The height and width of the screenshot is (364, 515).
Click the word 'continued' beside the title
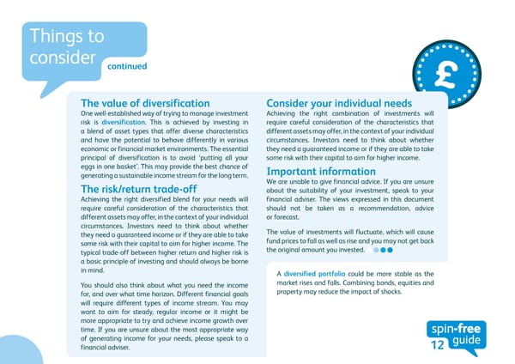tap(127, 66)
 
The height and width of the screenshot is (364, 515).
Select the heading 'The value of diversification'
tap(145, 103)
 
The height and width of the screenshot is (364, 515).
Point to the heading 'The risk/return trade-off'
tap(138, 189)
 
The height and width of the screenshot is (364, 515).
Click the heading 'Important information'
tap(321, 171)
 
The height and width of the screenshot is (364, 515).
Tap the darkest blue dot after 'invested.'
tap(389, 252)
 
